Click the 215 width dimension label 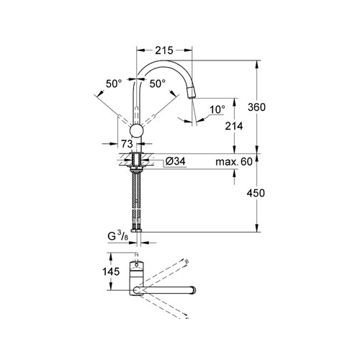click(164, 50)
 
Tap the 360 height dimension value click(256, 107)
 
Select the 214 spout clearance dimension click(234, 126)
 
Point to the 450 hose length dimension click(256, 193)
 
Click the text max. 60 click(234, 162)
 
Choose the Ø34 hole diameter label click(176, 161)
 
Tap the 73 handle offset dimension click(127, 144)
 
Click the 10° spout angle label click(217, 109)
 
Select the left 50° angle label click(114, 84)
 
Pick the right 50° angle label click(158, 84)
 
